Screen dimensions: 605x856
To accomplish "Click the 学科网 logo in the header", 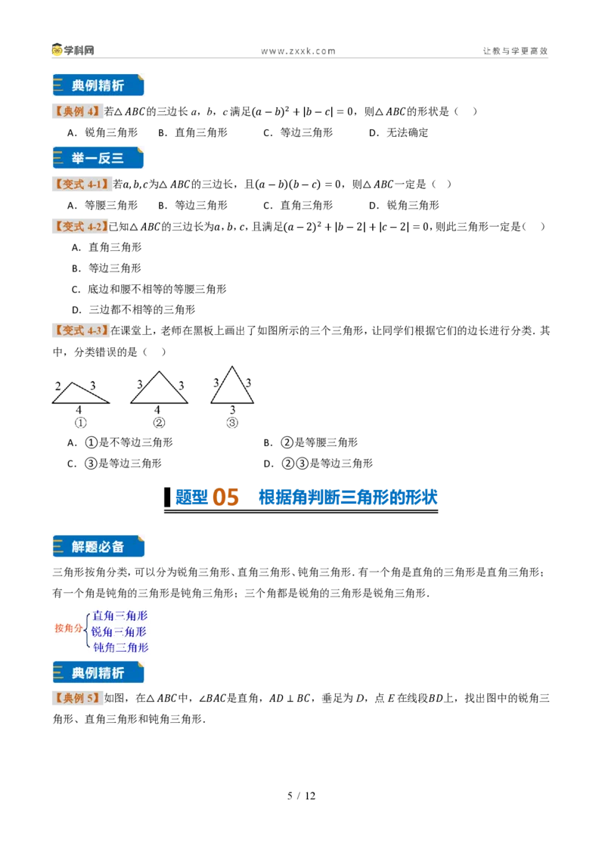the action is pos(73,50).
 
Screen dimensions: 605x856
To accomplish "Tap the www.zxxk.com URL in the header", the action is pos(298,51).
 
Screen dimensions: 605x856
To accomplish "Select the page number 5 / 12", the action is pos(302,796).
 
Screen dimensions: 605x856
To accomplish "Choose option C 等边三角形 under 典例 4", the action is pos(298,132).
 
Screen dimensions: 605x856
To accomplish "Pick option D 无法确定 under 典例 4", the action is pos(399,132).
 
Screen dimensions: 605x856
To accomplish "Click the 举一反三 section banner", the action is pos(98,158).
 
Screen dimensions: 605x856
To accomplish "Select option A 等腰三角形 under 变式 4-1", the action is pos(103,205).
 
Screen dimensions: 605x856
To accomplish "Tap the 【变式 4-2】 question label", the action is pos(79,227).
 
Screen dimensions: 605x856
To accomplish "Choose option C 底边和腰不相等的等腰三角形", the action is pos(149,289).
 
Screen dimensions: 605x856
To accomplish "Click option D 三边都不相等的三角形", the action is pos(133,309).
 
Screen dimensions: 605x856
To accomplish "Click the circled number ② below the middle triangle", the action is pos(159,423).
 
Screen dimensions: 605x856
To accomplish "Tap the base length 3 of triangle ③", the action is pos(233,409).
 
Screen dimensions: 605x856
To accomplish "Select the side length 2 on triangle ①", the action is pos(58,386).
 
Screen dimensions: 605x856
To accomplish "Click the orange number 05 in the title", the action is pos(225,497).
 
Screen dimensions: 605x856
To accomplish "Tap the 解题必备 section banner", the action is pos(98,547).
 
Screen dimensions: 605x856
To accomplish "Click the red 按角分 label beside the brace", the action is pos(68,628).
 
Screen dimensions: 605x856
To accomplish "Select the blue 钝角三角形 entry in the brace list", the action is pos(121,647).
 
